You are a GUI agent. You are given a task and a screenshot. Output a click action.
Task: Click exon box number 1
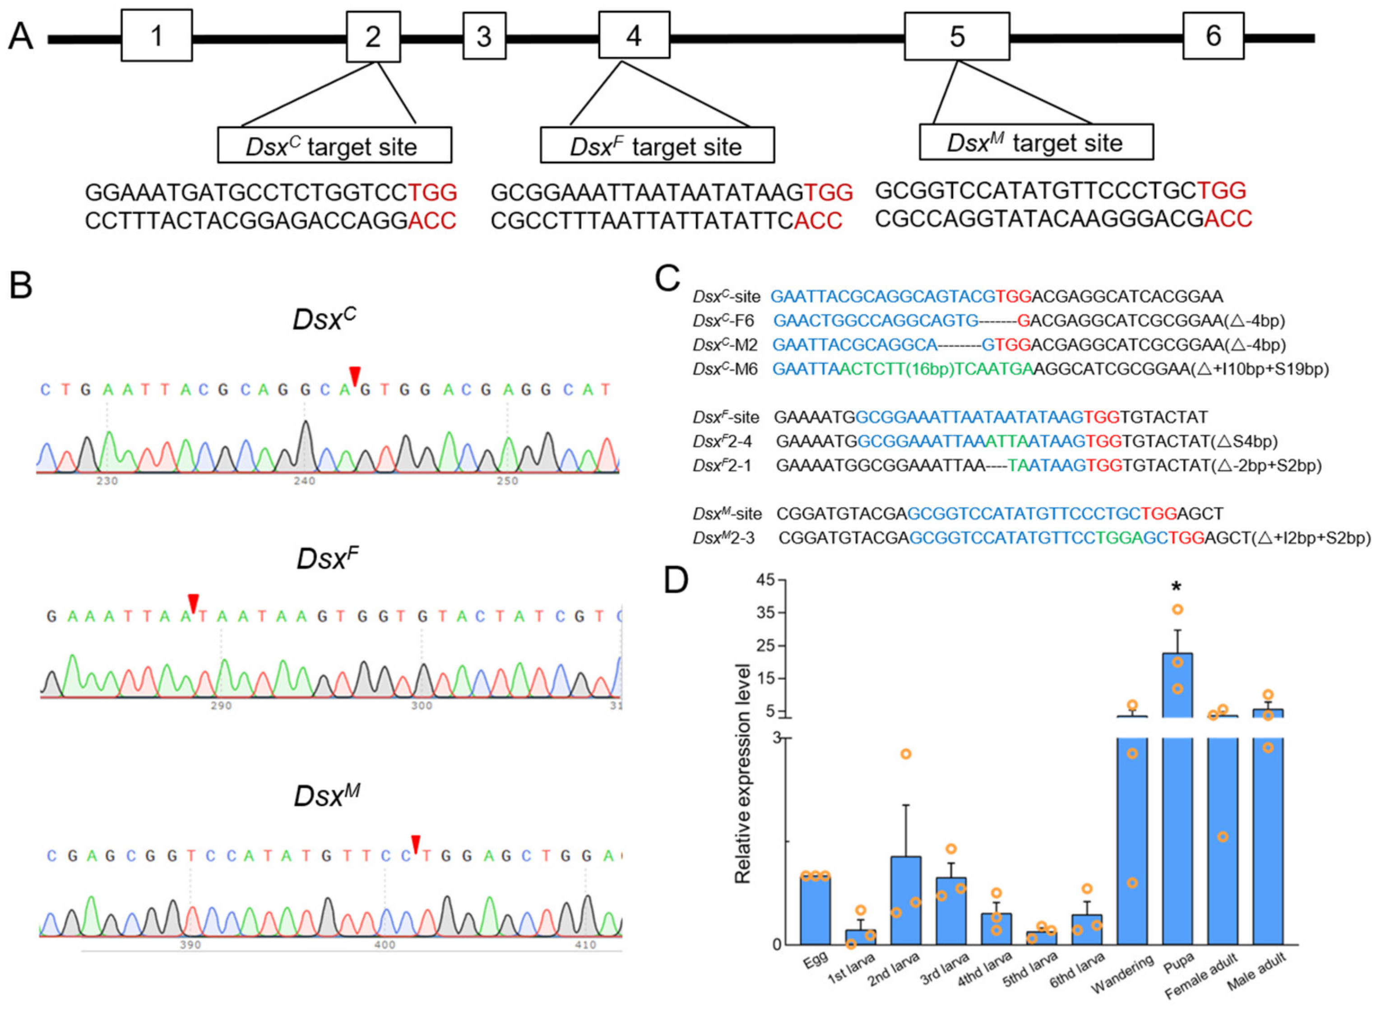(157, 36)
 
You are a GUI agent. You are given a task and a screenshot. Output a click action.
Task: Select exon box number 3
(484, 36)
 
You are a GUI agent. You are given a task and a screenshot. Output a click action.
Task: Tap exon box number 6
(1213, 36)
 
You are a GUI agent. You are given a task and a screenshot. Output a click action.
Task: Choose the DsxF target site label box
(657, 145)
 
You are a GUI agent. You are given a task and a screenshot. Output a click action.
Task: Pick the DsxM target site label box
(1036, 142)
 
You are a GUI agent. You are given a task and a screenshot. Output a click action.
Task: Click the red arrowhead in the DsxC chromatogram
(355, 375)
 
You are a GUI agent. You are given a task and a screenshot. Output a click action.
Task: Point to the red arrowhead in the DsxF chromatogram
(193, 602)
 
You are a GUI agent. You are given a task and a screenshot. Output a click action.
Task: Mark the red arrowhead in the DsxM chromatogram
(416, 843)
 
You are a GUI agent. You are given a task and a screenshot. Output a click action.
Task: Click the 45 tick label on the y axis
(765, 580)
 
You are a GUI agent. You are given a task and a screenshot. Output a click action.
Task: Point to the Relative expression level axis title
(743, 774)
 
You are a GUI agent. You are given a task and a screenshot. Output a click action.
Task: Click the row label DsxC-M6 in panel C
(725, 369)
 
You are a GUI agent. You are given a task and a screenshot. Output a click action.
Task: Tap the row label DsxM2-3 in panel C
(724, 538)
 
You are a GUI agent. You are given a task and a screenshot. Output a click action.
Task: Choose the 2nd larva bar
(906, 900)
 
